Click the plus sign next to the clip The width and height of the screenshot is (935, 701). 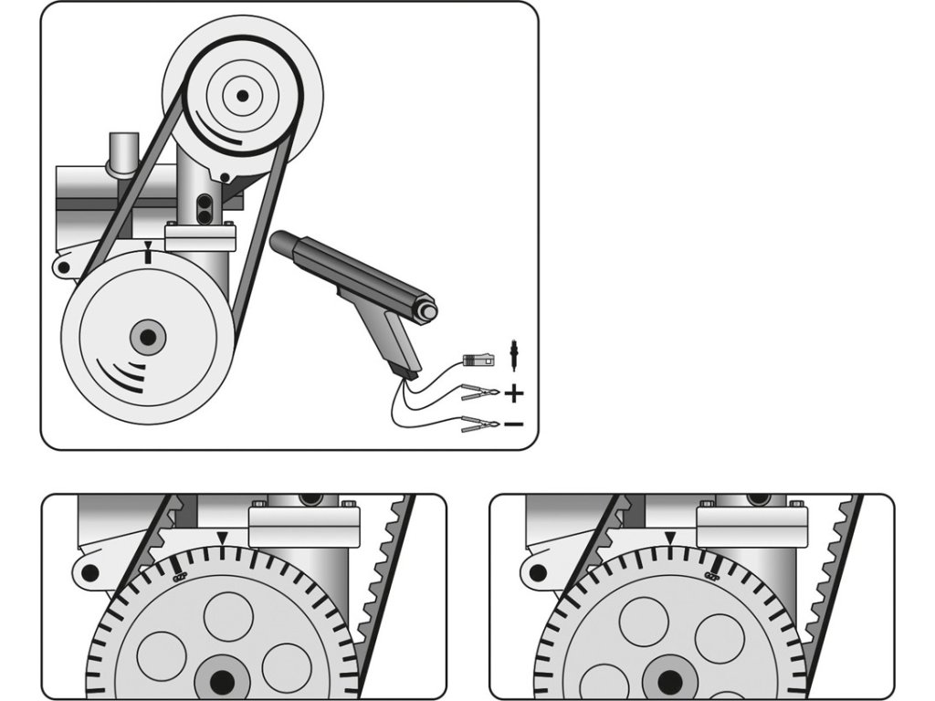pos(514,394)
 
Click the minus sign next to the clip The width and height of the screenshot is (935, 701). pos(513,424)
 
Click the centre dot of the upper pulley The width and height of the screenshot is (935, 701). pos(242,94)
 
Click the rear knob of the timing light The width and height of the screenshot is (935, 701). pos(426,312)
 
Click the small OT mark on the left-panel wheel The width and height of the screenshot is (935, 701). pos(180,576)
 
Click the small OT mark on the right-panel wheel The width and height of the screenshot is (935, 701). pos(712,575)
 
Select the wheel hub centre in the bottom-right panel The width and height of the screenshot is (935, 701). pos(670,681)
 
